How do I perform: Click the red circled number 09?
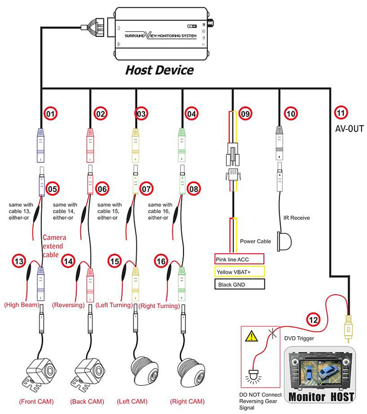pyautogui.click(x=245, y=114)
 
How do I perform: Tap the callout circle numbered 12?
pyautogui.click(x=313, y=320)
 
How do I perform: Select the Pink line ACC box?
pyautogui.click(x=240, y=259)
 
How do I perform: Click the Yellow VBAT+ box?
pyautogui.click(x=240, y=272)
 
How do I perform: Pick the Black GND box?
pyautogui.click(x=240, y=284)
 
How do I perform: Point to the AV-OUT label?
pyautogui.click(x=349, y=129)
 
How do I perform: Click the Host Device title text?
pyautogui.click(x=160, y=70)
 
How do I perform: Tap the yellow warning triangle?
pyautogui.click(x=251, y=336)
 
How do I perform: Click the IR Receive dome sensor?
pyautogui.click(x=284, y=241)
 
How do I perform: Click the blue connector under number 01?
pyautogui.click(x=40, y=145)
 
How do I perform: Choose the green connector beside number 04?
pyautogui.click(x=182, y=145)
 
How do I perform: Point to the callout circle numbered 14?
pyautogui.click(x=68, y=262)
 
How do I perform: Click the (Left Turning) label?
pyautogui.click(x=114, y=305)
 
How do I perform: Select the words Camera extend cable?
pyautogui.click(x=54, y=246)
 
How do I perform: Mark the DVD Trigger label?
pyautogui.click(x=299, y=338)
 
